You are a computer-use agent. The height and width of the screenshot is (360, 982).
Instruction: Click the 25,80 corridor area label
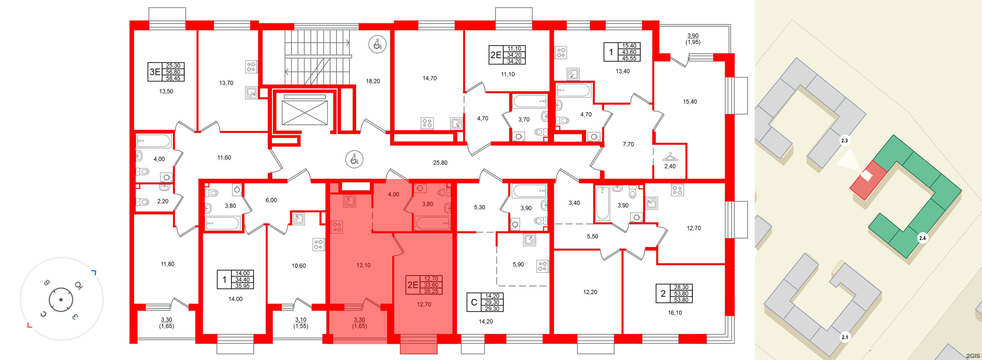pyautogui.click(x=440, y=163)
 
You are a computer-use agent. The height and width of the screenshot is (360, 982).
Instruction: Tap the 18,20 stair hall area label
pyautogui.click(x=373, y=81)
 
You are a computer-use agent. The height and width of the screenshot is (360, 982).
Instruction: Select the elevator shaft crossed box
pyautogui.click(x=305, y=113)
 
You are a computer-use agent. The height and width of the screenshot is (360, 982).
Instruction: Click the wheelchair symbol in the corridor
pyautogui.click(x=354, y=159)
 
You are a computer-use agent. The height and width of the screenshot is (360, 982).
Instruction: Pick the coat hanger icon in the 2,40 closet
pyautogui.click(x=670, y=157)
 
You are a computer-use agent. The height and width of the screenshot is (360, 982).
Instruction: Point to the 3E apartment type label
pyautogui.click(x=155, y=72)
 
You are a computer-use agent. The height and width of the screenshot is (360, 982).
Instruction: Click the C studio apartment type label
pyautogui.click(x=474, y=302)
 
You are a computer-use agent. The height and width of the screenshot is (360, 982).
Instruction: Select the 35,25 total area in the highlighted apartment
pyautogui.click(x=431, y=291)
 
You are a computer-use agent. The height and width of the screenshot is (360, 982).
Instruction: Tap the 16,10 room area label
pyautogui.click(x=675, y=313)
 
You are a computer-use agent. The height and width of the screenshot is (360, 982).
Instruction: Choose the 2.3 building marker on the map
pyautogui.click(x=845, y=141)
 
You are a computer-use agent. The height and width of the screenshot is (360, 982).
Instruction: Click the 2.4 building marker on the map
pyautogui.click(x=922, y=239)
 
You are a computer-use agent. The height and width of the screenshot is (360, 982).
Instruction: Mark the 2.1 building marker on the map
pyautogui.click(x=845, y=337)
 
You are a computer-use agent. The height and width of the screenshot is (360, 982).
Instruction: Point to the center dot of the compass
pyautogui.click(x=61, y=300)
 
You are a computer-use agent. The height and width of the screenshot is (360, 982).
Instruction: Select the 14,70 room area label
pyautogui.click(x=430, y=79)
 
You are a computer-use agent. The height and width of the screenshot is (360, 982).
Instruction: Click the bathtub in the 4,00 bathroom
pyautogui.click(x=153, y=141)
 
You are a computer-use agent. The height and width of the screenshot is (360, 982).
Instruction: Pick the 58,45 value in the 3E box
pyautogui.click(x=173, y=78)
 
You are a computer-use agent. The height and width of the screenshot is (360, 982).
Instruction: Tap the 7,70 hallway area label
pyautogui.click(x=628, y=144)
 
